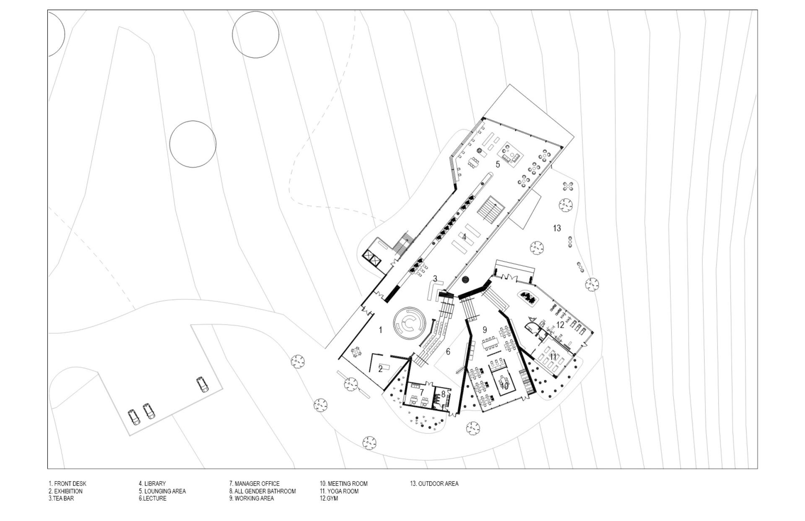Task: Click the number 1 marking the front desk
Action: [x=380, y=330]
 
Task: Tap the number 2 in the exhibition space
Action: [x=380, y=369]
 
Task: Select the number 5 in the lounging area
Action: [x=498, y=164]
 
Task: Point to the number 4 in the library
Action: [x=464, y=237]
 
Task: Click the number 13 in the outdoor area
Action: [x=557, y=228]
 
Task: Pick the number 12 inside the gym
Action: [x=560, y=325]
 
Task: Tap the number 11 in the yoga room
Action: [x=553, y=357]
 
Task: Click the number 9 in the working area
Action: [x=485, y=330]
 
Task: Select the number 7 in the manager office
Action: [x=422, y=392]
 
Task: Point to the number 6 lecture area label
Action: [x=448, y=352]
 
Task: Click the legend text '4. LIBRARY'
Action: [x=152, y=484]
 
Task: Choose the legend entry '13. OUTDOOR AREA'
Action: [x=434, y=484]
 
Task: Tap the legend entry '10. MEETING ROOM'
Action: [x=343, y=484]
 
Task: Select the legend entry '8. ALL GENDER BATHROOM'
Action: [x=262, y=491]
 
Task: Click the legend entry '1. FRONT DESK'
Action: [x=67, y=484]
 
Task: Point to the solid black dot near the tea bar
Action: [x=465, y=279]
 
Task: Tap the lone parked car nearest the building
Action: [x=203, y=384]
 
